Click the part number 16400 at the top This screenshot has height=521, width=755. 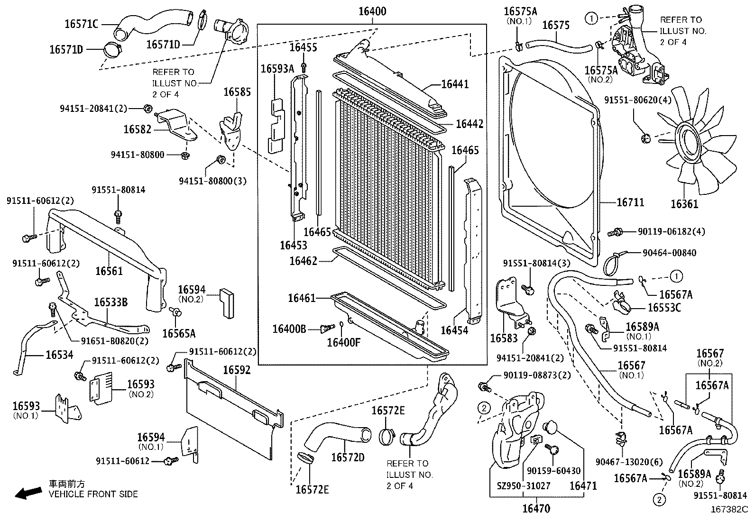[372, 11]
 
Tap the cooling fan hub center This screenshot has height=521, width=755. [694, 141]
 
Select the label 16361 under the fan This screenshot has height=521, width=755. [684, 204]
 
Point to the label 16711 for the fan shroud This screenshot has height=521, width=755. [630, 202]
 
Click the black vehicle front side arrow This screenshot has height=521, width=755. [28, 494]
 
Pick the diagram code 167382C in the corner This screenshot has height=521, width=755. [728, 510]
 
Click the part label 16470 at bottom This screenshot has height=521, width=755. [536, 509]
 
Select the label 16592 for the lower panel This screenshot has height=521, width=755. [237, 370]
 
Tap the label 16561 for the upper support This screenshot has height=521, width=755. [109, 271]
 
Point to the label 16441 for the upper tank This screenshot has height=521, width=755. [454, 84]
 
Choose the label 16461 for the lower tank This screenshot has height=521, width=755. [302, 298]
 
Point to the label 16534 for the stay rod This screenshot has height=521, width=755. [59, 355]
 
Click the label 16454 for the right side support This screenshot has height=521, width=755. [454, 330]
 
